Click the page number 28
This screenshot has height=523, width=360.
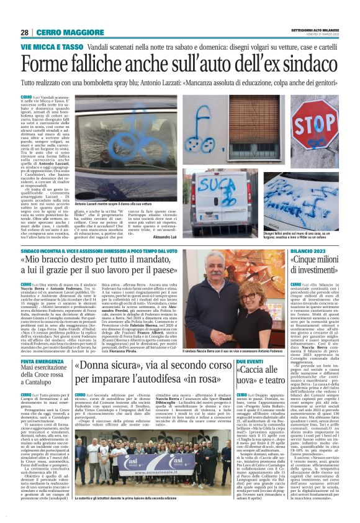[24, 32]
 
